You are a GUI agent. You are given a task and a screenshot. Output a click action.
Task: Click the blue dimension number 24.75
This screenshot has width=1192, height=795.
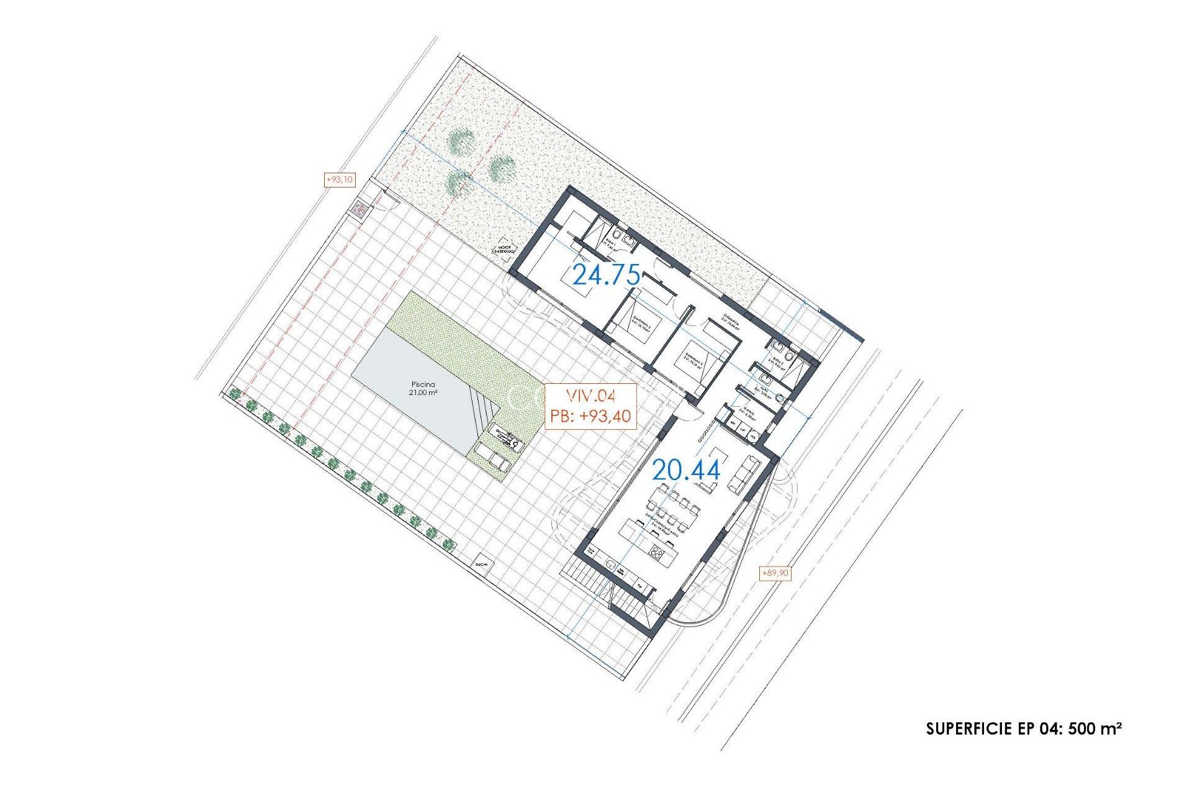(606, 275)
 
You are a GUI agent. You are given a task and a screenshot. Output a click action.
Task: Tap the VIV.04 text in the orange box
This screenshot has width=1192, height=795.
(590, 396)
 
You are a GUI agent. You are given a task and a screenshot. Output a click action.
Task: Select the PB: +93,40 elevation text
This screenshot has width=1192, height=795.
(590, 416)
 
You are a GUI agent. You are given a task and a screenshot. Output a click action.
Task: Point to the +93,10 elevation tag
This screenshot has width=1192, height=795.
(340, 180)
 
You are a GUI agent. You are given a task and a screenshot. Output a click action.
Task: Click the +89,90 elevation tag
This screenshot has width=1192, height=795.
(775, 573)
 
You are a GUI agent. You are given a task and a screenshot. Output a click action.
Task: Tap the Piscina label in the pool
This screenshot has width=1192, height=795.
(423, 384)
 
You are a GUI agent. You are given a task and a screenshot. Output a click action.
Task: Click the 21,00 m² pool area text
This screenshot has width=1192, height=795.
(423, 393)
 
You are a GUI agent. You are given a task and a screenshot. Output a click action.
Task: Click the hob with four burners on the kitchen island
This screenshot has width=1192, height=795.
(658, 552)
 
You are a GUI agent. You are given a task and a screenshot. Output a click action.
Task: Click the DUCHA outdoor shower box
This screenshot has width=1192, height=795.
(482, 564)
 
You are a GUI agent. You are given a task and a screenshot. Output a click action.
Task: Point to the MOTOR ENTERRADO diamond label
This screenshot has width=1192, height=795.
(504, 250)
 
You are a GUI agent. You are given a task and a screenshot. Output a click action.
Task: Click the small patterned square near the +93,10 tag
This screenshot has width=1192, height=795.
(359, 209)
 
